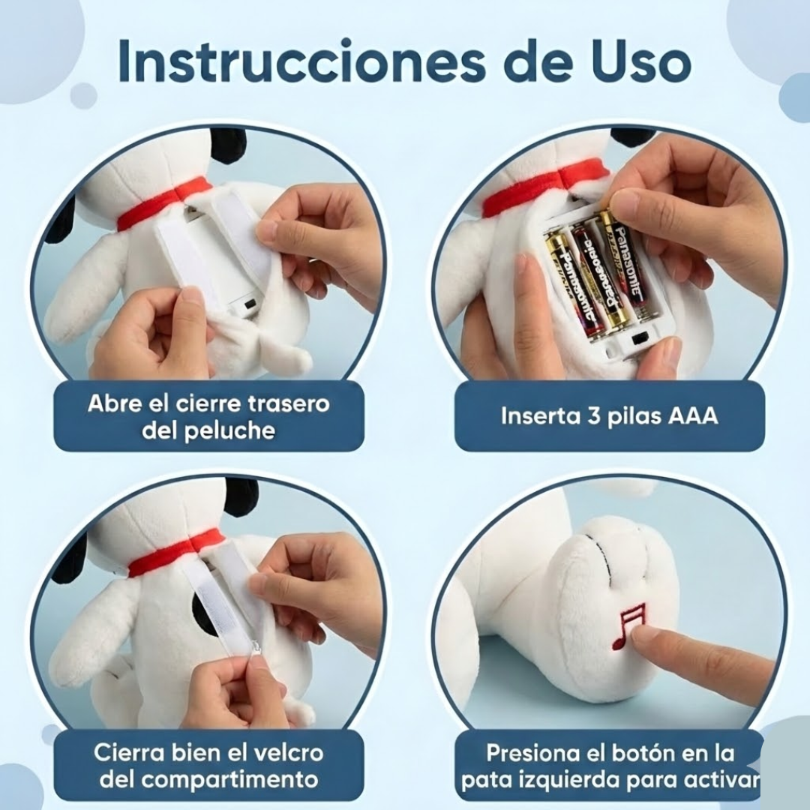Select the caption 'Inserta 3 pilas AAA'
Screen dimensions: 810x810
point(609,416)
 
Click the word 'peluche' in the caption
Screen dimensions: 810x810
point(232,431)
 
